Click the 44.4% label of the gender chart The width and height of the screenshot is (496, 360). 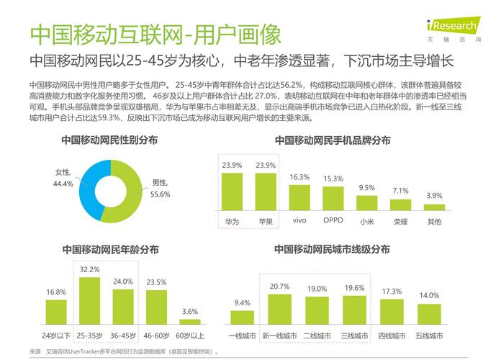pos(63,184)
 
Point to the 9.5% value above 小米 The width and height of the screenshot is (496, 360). pos(366,188)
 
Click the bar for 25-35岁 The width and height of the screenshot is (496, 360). pos(89,302)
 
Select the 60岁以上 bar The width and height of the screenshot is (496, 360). pos(190,320)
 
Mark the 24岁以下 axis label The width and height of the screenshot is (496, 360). pos(56,335)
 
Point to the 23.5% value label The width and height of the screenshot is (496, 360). pos(156,282)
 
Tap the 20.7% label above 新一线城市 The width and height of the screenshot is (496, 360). pos(279,287)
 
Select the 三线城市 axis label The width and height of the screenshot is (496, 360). pos(354,335)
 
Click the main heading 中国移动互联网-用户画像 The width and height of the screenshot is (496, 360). pos(155,34)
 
